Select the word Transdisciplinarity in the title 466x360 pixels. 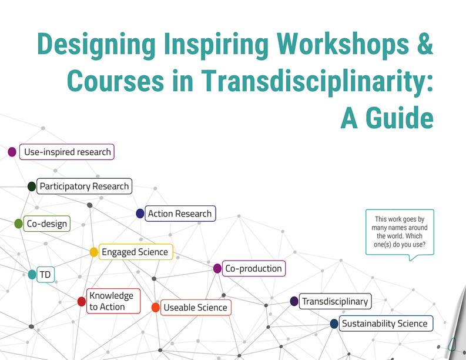[x=317, y=82]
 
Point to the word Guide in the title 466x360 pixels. [x=400, y=118]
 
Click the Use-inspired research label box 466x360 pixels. [x=67, y=152]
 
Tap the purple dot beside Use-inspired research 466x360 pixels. [x=12, y=152]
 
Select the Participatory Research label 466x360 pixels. [x=84, y=186]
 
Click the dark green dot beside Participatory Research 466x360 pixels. [x=32, y=186]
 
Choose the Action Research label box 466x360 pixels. [x=180, y=214]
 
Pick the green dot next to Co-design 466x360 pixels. [x=18, y=224]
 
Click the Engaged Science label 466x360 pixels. [x=136, y=252]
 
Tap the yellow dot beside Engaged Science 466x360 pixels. [x=93, y=252]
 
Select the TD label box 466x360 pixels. [x=45, y=274]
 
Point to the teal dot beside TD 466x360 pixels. [x=32, y=274]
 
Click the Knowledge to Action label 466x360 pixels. [x=113, y=301]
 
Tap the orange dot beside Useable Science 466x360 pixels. [x=156, y=307]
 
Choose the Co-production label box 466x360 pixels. [x=254, y=268]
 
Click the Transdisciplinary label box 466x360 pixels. [x=335, y=301]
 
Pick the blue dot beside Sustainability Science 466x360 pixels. [x=334, y=324]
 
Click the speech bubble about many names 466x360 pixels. [x=400, y=233]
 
